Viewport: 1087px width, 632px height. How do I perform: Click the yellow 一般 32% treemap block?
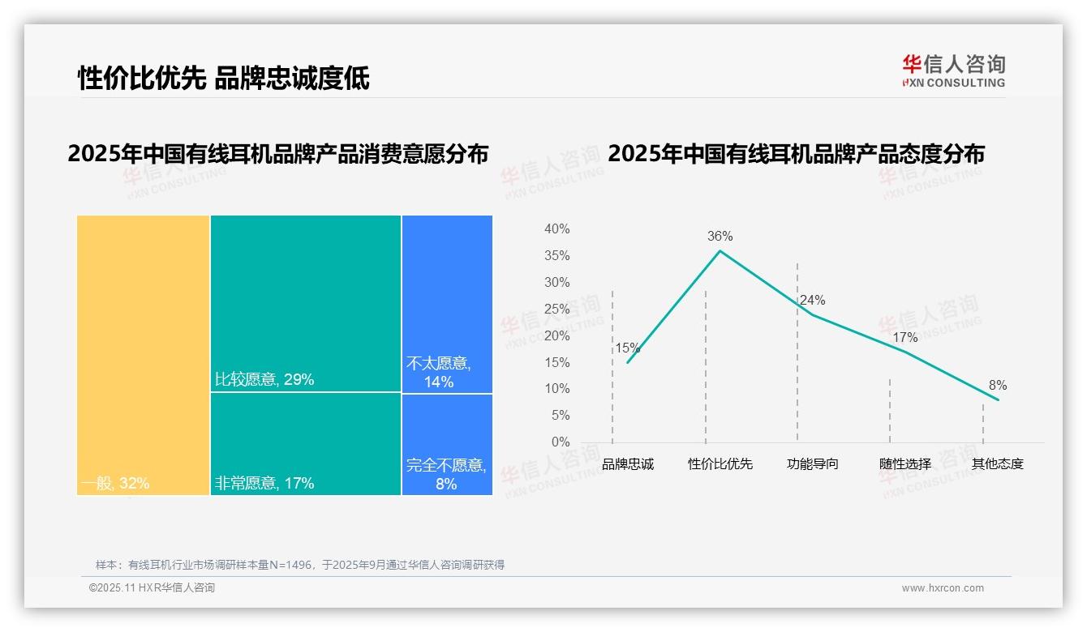(x=144, y=354)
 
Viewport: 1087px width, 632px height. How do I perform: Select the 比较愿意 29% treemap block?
(x=306, y=303)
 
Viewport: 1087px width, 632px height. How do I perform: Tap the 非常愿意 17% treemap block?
(x=306, y=443)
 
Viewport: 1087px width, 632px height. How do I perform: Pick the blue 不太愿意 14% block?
(x=447, y=304)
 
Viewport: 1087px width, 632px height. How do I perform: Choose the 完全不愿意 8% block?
(x=447, y=444)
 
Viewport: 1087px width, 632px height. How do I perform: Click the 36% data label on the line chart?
(x=720, y=237)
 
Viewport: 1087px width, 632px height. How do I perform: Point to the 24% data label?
(x=812, y=301)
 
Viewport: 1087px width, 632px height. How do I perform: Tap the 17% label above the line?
(x=904, y=338)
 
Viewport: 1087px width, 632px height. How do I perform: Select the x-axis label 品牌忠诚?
(x=627, y=464)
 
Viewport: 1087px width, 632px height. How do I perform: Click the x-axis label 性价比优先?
(x=720, y=464)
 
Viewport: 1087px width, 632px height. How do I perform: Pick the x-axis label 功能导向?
(x=812, y=464)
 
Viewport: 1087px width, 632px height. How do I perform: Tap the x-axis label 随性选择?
(x=905, y=464)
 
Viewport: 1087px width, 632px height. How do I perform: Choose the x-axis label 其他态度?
(x=998, y=464)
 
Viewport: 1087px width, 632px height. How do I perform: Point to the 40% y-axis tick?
(x=556, y=229)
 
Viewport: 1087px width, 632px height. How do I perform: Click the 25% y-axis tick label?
(x=556, y=310)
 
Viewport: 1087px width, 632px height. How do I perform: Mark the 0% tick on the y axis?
(x=561, y=442)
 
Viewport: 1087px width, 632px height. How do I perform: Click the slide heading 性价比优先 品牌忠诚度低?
(x=223, y=78)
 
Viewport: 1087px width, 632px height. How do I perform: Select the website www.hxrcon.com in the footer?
(x=943, y=588)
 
